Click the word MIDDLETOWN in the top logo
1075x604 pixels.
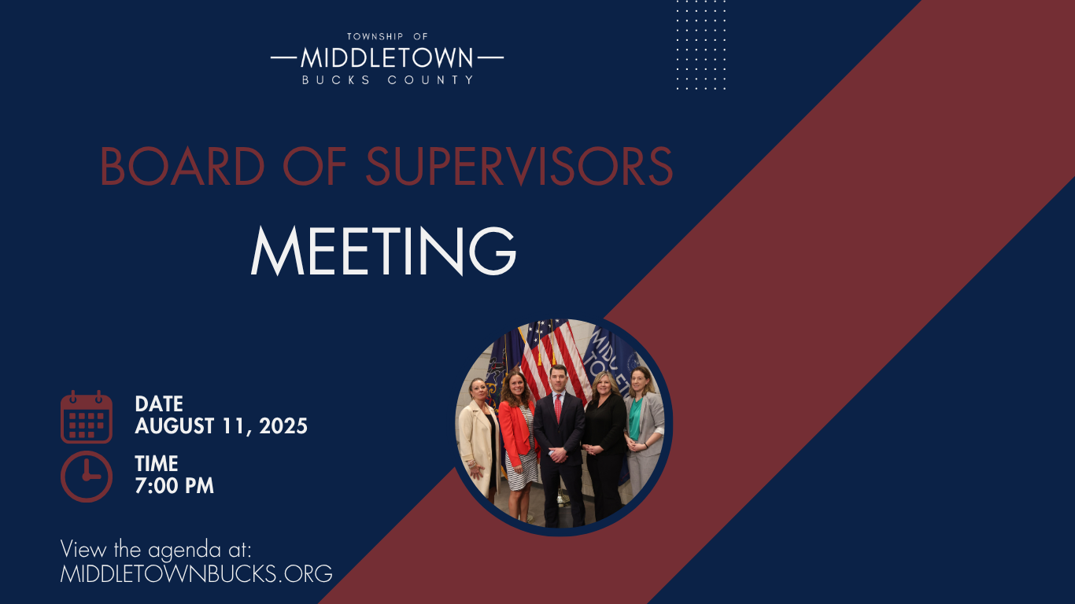pos(387,58)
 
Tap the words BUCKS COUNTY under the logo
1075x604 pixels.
pos(388,80)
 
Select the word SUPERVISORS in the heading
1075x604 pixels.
pos(519,166)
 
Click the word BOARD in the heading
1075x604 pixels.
pos(183,166)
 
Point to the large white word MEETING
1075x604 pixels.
pos(383,251)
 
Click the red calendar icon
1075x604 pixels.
pos(87,417)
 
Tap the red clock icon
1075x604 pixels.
pos(87,477)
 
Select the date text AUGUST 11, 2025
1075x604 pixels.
pos(221,426)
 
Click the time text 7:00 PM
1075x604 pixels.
pos(174,486)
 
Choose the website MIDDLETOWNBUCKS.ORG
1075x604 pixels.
pos(196,574)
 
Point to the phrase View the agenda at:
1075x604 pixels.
pos(156,550)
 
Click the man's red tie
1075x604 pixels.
pos(558,409)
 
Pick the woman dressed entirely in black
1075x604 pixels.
pos(604,446)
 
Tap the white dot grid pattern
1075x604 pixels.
pos(700,45)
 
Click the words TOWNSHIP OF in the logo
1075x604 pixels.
pos(387,36)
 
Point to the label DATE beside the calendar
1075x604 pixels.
pos(159,404)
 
